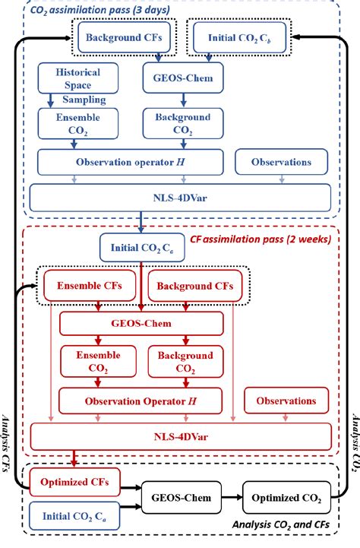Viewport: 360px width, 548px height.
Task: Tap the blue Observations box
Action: coord(282,162)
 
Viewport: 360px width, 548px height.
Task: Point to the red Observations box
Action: coord(286,401)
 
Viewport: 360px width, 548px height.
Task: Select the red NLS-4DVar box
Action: coord(180,438)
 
